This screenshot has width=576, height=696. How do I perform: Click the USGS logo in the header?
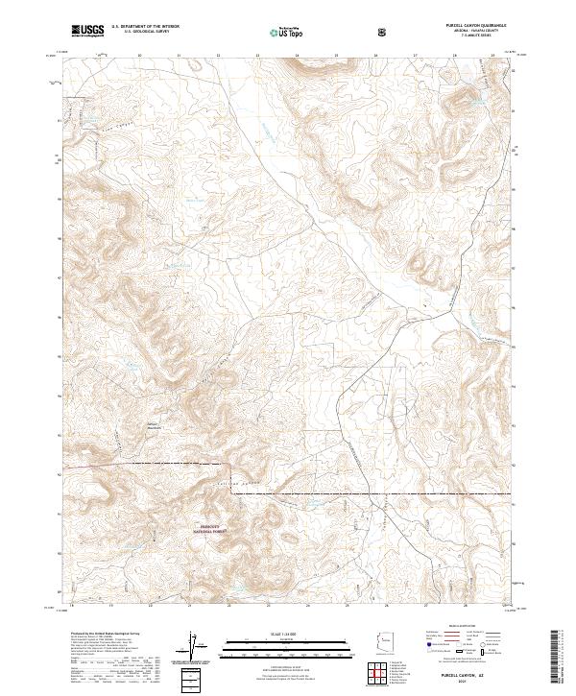[87, 31]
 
